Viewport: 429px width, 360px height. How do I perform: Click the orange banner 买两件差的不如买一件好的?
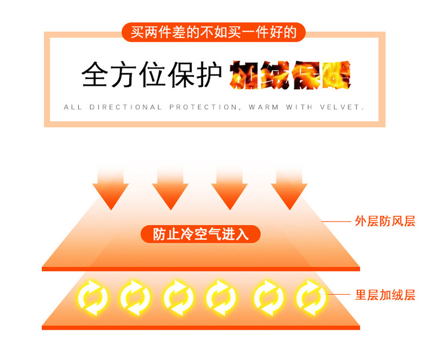point(214,32)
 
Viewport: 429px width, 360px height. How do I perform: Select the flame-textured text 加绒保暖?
point(291,75)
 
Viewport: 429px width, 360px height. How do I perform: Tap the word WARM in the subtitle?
point(263,107)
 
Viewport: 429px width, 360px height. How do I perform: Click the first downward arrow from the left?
point(110,189)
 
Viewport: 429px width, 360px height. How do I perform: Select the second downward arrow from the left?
point(170,189)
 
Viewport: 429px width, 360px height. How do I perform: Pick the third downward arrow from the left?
point(229,189)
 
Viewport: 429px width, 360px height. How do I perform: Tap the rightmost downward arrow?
point(289,189)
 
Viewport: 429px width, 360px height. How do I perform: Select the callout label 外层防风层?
point(385,221)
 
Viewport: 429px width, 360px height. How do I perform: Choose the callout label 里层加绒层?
point(385,295)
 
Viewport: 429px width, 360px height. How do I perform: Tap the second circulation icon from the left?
point(135,297)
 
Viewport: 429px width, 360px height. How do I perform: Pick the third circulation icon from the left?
point(178,297)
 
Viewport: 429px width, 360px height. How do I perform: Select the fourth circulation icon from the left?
point(221,297)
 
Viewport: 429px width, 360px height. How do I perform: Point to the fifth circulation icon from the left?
point(268,297)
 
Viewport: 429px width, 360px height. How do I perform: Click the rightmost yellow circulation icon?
point(311,297)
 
